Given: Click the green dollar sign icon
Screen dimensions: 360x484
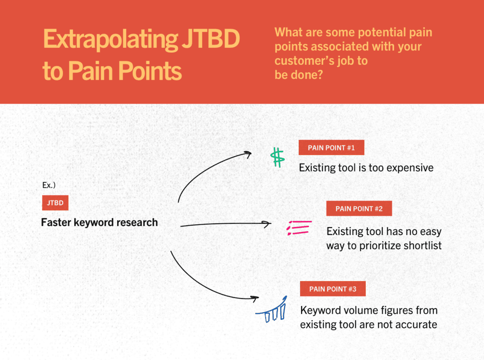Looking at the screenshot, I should click(x=277, y=158).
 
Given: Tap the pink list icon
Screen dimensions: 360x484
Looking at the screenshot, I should click(x=298, y=228).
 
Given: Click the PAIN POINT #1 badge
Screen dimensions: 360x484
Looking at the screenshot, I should click(x=331, y=148).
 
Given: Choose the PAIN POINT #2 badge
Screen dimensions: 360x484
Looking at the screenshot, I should click(x=359, y=209).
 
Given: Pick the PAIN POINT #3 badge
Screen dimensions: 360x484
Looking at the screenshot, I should click(x=333, y=289).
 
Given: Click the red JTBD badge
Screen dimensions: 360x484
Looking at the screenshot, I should click(x=55, y=203).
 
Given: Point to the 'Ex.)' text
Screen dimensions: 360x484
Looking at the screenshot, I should click(x=49, y=185).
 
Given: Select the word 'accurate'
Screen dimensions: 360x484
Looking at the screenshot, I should click(x=415, y=325).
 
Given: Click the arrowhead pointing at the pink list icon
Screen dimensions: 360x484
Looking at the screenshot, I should click(x=268, y=223).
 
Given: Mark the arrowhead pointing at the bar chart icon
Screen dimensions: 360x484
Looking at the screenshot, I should click(x=255, y=299).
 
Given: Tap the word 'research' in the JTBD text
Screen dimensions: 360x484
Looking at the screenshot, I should click(x=137, y=222).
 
